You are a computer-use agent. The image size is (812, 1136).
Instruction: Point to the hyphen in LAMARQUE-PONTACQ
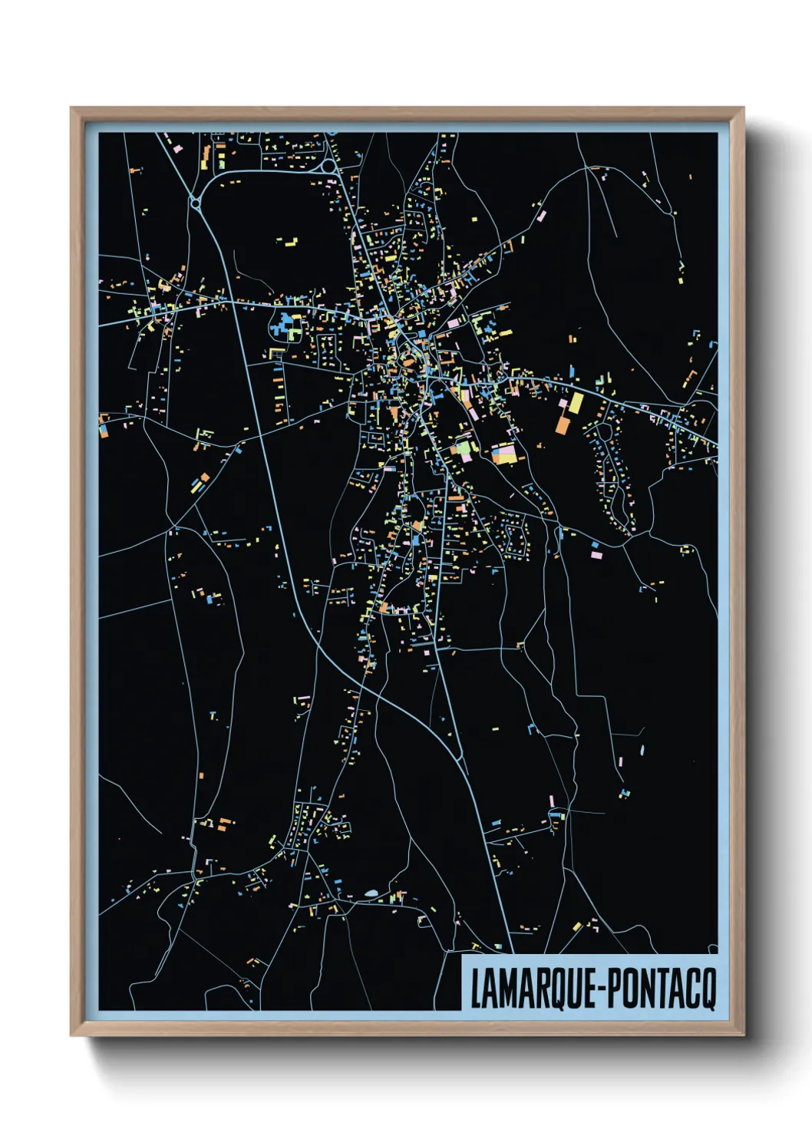pyautogui.click(x=593, y=991)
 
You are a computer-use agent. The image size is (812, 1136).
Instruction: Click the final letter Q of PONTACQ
pyautogui.click(x=708, y=990)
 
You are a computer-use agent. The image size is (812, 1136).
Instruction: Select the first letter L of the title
pyautogui.click(x=475, y=989)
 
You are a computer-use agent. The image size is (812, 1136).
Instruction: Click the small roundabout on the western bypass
pyautogui.click(x=195, y=203)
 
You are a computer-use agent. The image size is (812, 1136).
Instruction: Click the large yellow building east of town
pyautogui.click(x=575, y=403)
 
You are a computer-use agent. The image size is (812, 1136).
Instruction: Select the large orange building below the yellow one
pyautogui.click(x=563, y=423)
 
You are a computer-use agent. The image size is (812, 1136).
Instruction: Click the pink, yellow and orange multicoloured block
pyautogui.click(x=505, y=454)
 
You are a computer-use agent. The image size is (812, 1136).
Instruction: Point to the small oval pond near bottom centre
pyautogui.click(x=372, y=893)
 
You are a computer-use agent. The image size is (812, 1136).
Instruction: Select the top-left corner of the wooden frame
pyautogui.click(x=72, y=109)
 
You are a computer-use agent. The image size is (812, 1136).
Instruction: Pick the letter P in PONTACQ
pyautogui.click(x=606, y=989)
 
